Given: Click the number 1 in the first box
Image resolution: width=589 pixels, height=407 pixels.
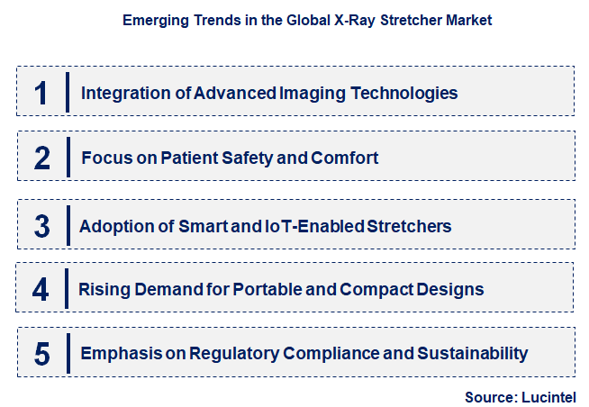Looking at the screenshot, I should click(x=41, y=92).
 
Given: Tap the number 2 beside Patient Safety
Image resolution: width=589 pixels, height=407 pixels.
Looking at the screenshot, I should click(x=41, y=158).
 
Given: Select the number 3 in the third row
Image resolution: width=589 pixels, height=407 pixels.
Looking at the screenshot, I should click(x=41, y=224).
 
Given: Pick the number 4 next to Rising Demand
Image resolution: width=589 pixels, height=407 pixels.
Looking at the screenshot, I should click(x=41, y=289).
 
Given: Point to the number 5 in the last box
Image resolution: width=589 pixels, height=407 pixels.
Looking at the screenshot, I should click(x=41, y=353).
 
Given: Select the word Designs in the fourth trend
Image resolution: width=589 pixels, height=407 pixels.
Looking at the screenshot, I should click(x=450, y=290).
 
